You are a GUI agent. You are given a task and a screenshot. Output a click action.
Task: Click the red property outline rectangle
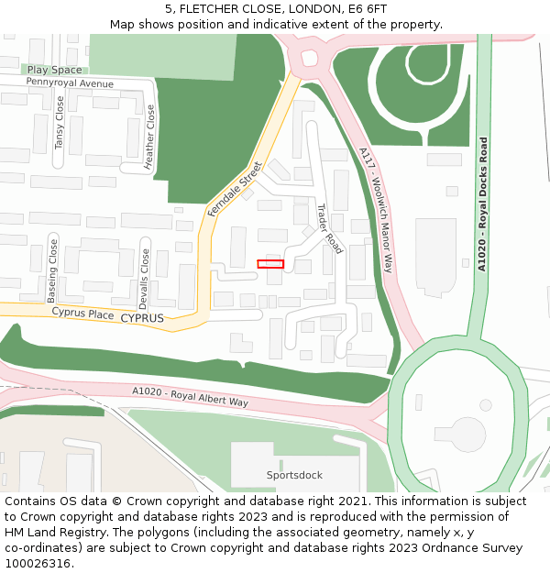(x=270, y=264)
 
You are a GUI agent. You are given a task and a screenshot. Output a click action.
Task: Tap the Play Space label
(x=54, y=70)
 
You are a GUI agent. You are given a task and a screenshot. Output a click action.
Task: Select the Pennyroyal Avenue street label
(x=70, y=83)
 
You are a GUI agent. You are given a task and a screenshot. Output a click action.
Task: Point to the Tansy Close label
(x=60, y=124)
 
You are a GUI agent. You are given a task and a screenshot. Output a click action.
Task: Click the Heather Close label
(x=149, y=137)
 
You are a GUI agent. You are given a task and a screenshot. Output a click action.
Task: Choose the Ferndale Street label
(x=235, y=189)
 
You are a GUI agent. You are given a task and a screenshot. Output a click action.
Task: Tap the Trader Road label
(x=328, y=228)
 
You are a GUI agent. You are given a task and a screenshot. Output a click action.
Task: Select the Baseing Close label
(x=52, y=271)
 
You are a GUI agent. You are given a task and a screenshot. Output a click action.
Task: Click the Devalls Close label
(x=144, y=279)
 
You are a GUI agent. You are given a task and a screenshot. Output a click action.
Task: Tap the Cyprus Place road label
(x=82, y=314)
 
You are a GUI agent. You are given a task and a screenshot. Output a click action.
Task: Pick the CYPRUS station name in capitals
(x=142, y=318)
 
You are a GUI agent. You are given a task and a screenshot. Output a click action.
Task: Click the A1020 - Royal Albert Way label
(x=190, y=396)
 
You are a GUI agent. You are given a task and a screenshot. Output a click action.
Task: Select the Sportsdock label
(x=294, y=475)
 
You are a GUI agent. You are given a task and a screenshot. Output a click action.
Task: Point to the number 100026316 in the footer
(x=37, y=563)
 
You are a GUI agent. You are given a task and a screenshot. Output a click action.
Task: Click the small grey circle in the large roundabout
(x=485, y=404)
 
